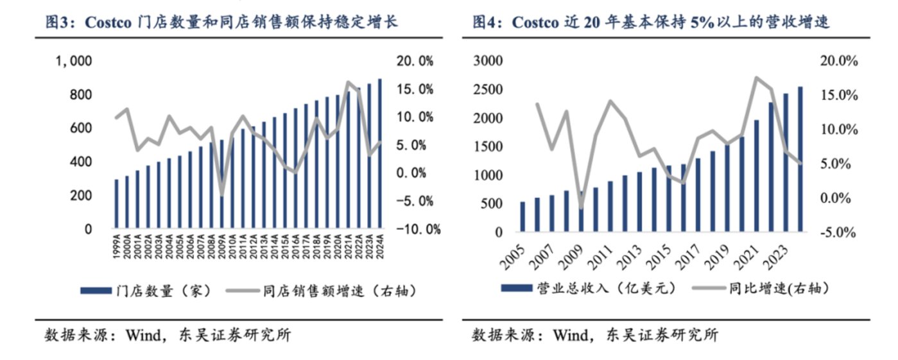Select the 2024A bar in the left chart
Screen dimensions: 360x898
pos(381,154)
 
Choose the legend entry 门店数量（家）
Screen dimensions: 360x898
pos(151,291)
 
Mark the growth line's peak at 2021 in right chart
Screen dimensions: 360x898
pos(756,78)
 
